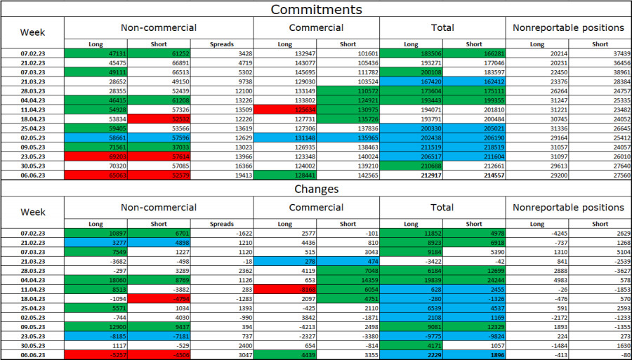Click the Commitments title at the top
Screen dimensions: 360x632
pyautogui.click(x=316, y=9)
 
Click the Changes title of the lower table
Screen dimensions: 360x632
pyautogui.click(x=316, y=189)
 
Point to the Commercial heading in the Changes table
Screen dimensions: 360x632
pyautogui.click(x=316, y=207)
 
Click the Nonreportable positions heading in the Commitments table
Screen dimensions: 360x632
pyautogui.click(x=569, y=27)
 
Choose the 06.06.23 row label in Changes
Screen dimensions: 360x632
pyautogui.click(x=33, y=355)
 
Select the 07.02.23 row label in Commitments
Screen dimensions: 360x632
pyautogui.click(x=33, y=53)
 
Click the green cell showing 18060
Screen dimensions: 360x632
pyautogui.click(x=96, y=279)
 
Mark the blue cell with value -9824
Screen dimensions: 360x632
pyautogui.click(x=474, y=336)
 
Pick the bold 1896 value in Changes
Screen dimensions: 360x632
pyautogui.click(x=474, y=355)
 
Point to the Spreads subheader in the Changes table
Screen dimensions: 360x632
pyautogui.click(x=222, y=224)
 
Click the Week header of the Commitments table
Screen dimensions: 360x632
pyautogui.click(x=33, y=32)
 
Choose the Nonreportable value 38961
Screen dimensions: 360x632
pyautogui.click(x=600, y=72)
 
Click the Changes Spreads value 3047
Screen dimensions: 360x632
pyautogui.click(x=222, y=355)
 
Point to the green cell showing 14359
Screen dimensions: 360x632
pyautogui.click(x=348, y=279)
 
